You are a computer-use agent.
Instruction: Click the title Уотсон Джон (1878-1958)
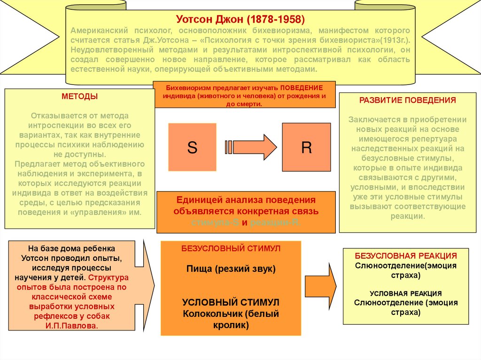click(240, 20)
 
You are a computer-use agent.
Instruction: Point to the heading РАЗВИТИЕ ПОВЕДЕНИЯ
click(407, 100)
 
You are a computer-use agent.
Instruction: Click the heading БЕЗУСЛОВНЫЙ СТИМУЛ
click(231, 248)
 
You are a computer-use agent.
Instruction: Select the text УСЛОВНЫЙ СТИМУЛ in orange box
click(231, 302)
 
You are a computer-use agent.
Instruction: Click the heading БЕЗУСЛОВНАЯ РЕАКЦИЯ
click(406, 256)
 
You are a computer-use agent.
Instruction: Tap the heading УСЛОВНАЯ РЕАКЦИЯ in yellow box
click(405, 293)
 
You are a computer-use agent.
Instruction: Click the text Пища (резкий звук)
click(231, 269)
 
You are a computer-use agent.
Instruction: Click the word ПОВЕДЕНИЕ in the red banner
click(302, 88)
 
